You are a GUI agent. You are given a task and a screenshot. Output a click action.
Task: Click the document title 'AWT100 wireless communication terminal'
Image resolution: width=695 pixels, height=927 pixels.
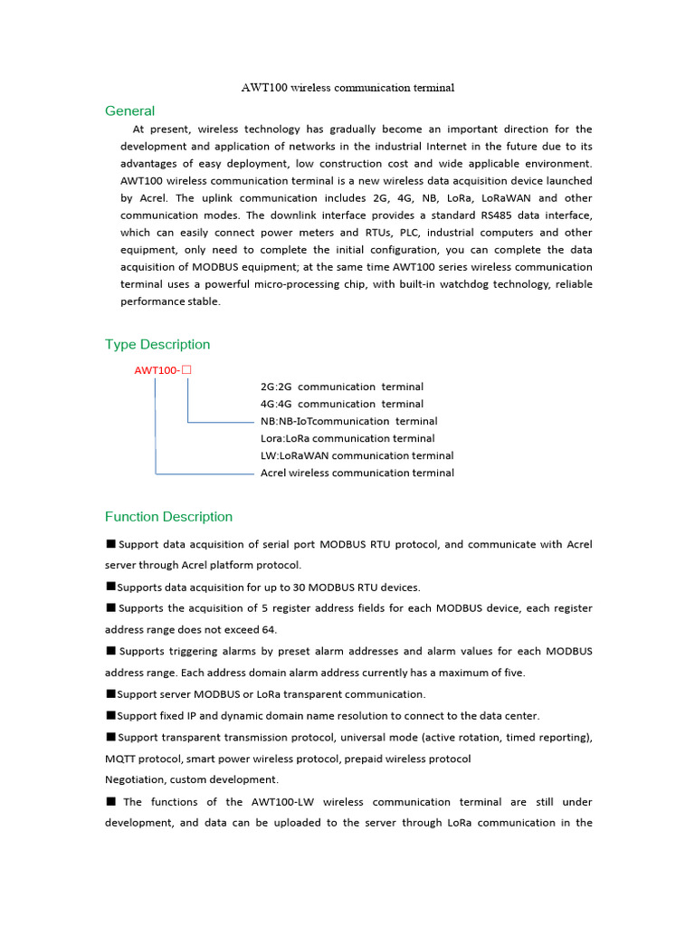(x=347, y=88)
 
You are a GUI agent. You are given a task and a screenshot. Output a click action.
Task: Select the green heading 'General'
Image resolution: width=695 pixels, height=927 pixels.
(x=129, y=111)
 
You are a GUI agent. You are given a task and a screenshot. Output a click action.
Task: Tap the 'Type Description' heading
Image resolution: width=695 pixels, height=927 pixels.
(x=157, y=344)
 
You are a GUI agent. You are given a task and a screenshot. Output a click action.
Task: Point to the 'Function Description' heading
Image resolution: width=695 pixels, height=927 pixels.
(x=168, y=517)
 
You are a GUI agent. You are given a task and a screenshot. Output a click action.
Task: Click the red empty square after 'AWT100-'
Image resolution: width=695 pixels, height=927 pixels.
(x=188, y=369)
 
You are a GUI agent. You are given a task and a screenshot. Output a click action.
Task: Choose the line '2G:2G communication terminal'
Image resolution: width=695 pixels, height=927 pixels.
(x=341, y=387)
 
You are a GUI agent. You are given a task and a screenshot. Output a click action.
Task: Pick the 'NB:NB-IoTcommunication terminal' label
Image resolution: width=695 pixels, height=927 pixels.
(x=348, y=421)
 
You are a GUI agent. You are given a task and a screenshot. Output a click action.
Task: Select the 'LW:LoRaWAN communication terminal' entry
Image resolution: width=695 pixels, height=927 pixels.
(x=357, y=455)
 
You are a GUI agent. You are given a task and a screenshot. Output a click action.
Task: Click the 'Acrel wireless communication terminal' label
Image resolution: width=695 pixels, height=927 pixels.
(x=357, y=473)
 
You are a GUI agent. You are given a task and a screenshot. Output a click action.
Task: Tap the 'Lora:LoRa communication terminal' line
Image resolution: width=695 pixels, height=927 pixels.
(x=347, y=438)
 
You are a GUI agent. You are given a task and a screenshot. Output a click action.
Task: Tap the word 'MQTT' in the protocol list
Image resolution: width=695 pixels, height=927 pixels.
(x=122, y=758)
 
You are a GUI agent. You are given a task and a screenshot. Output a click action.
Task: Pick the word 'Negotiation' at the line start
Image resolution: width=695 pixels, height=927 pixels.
(x=138, y=779)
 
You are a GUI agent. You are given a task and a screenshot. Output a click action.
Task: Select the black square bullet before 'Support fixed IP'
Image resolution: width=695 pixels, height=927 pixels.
(x=110, y=715)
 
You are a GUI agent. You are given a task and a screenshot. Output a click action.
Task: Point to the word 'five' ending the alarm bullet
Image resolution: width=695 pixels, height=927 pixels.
(x=512, y=673)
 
